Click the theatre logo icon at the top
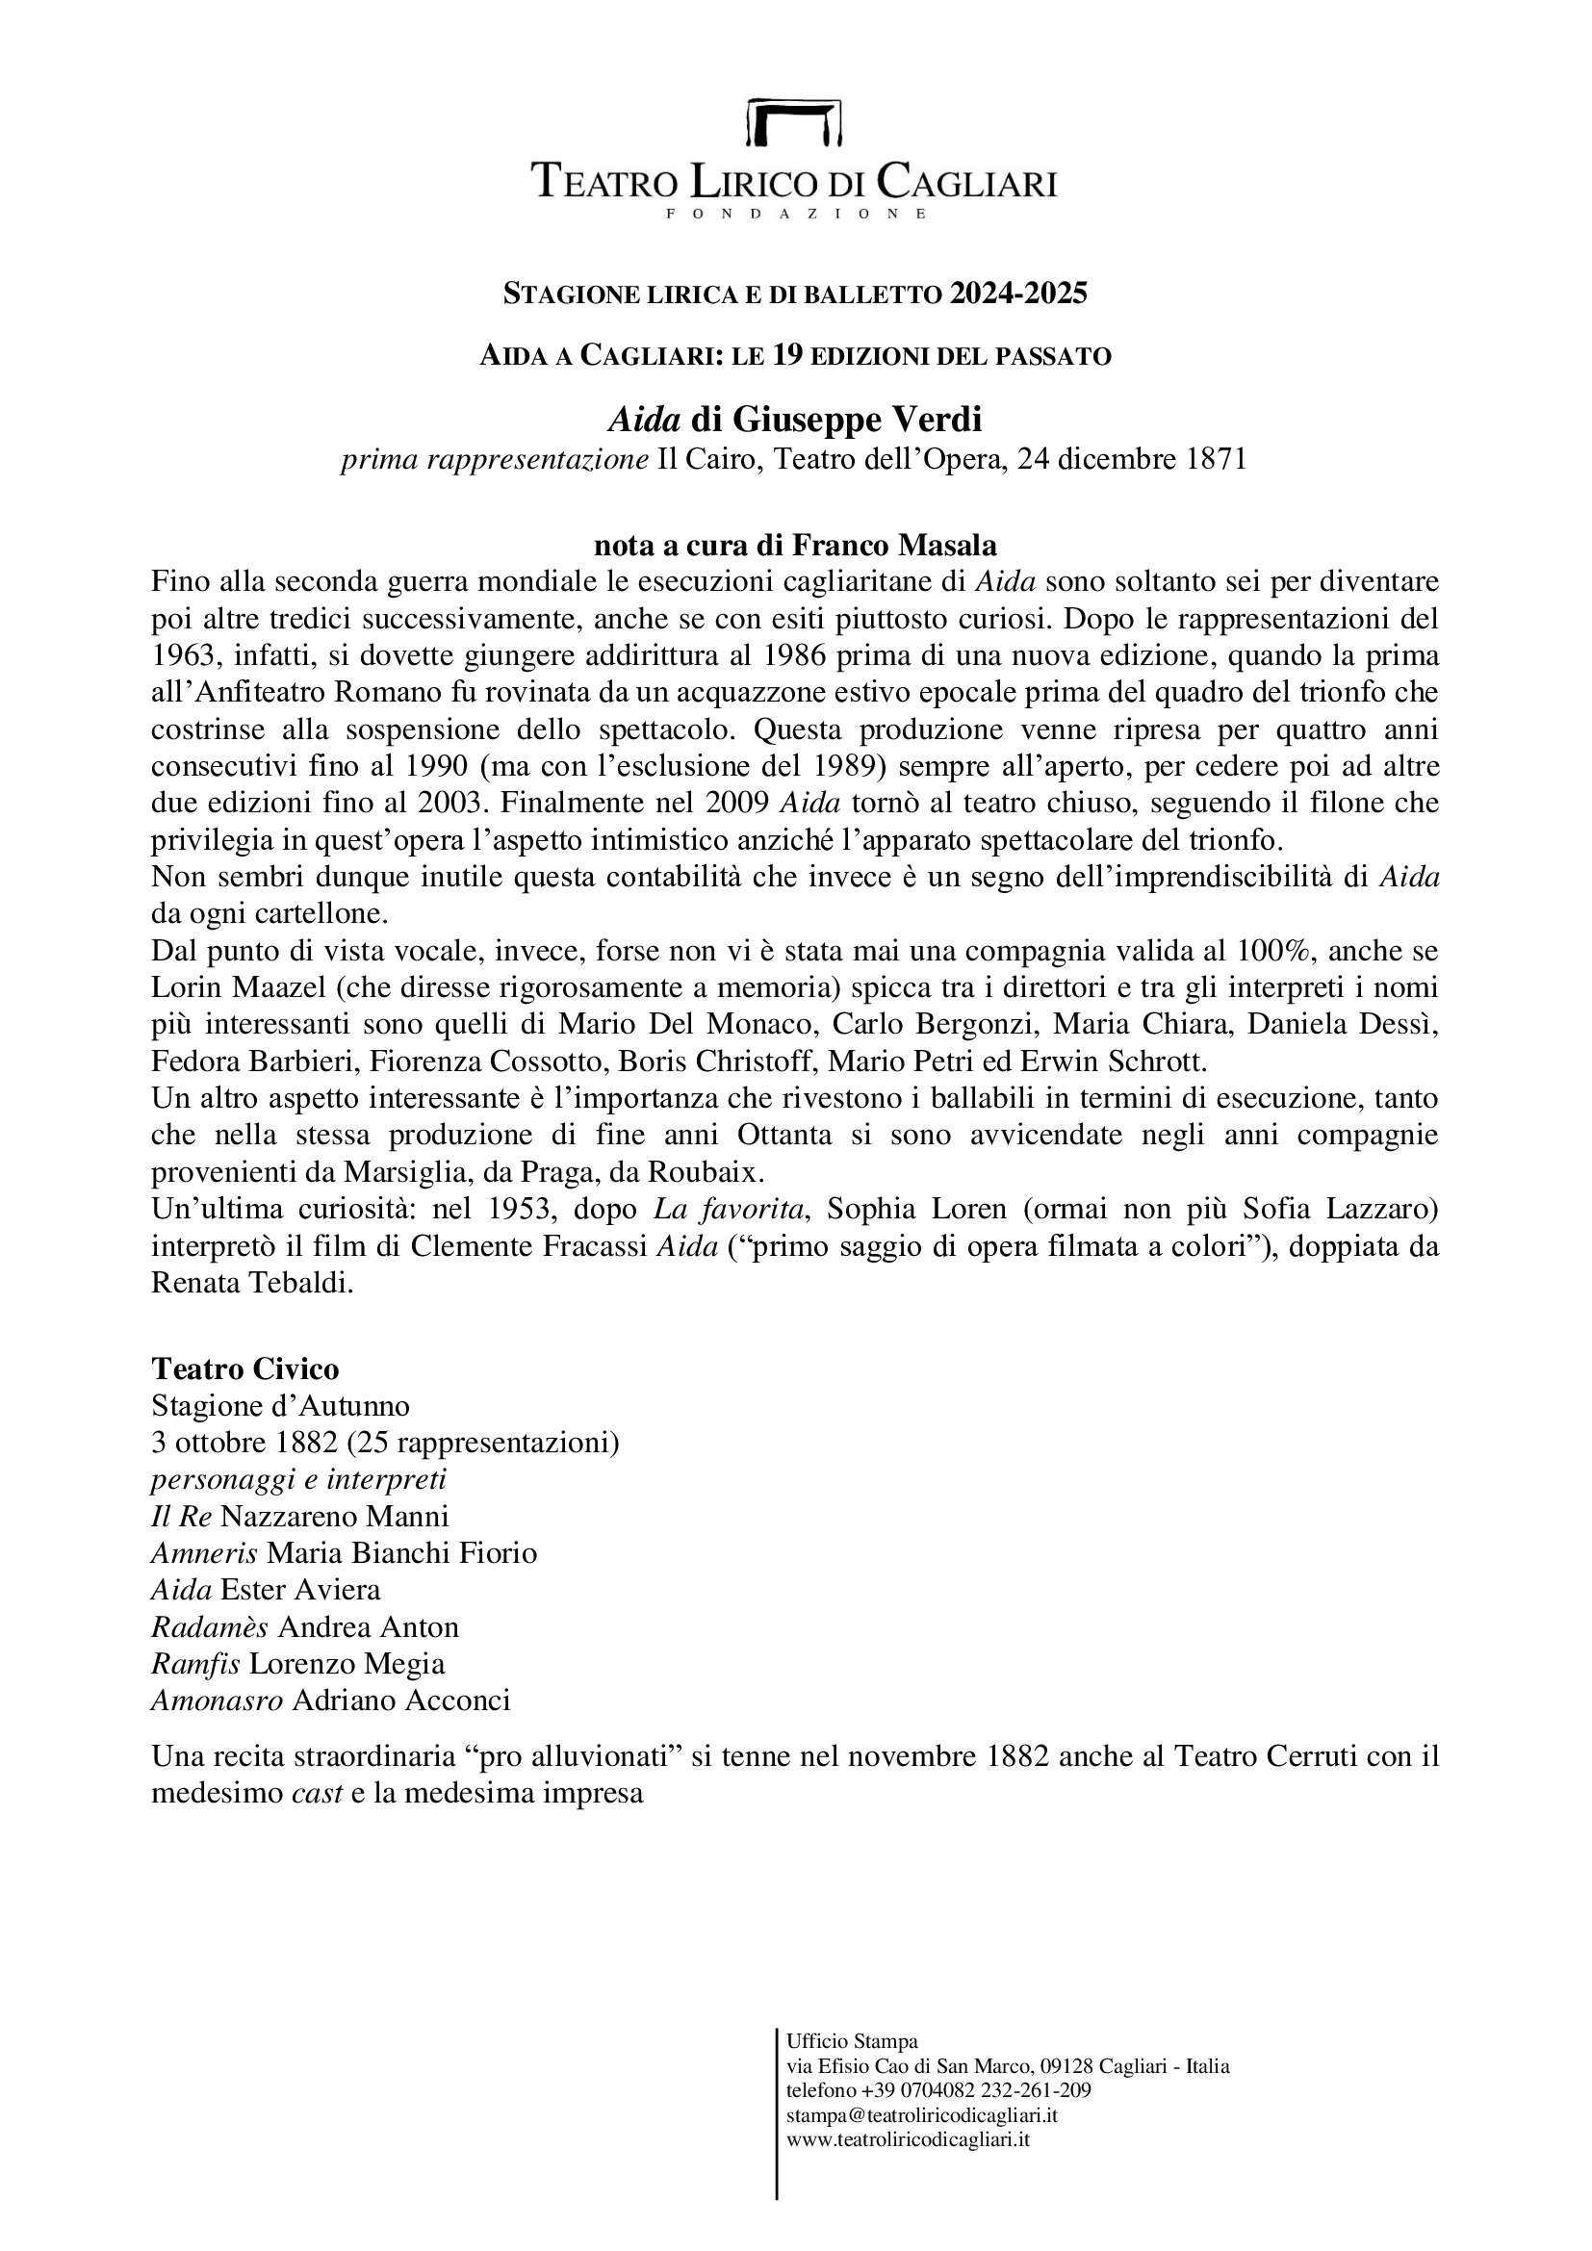(795, 121)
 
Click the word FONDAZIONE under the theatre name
(795, 214)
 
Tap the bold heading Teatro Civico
(245, 1369)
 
